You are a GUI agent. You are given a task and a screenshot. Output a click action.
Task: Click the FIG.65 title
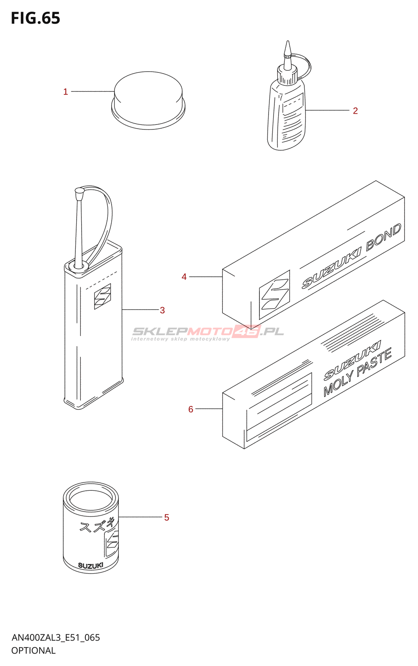click(x=35, y=19)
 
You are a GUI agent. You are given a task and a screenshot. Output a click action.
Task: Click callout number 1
click(x=65, y=92)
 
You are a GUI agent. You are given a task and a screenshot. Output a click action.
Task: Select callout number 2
click(x=355, y=111)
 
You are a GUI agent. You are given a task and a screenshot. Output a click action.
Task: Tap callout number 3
click(x=162, y=310)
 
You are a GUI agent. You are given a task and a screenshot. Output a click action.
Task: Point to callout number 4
click(x=184, y=277)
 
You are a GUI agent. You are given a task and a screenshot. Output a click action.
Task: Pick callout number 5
click(x=167, y=517)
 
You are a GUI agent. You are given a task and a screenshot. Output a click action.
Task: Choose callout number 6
click(x=191, y=409)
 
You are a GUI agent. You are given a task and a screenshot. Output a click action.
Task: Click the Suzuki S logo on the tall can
click(x=102, y=296)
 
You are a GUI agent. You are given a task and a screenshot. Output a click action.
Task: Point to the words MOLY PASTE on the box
click(x=358, y=373)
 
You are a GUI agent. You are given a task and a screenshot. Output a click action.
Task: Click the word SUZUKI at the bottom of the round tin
click(x=91, y=566)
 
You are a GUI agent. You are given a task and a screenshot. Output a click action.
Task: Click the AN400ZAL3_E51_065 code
click(x=56, y=638)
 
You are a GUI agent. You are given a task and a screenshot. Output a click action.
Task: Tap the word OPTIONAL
click(x=33, y=651)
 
